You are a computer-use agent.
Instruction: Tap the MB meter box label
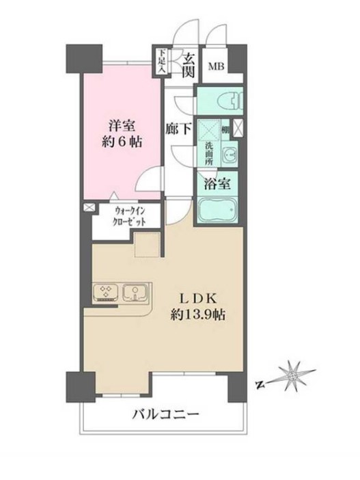coord(217,66)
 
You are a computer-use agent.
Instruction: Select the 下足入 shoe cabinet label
coord(161,61)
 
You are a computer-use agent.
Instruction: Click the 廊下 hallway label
coord(180,128)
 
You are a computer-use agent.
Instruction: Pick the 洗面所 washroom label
coord(207,151)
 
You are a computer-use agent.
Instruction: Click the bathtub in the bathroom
coord(217,209)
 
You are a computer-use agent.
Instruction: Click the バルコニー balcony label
coord(165,414)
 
